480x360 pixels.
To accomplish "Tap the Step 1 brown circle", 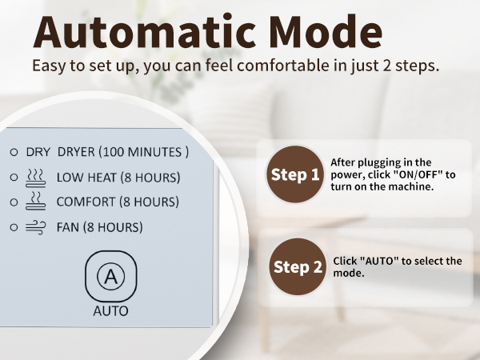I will click(x=294, y=174).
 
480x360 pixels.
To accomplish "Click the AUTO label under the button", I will click(x=110, y=310).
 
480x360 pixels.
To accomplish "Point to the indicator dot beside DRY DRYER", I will click(x=14, y=151).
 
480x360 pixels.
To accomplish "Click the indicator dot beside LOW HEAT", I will click(x=14, y=177).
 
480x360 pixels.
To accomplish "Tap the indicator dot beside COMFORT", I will click(x=14, y=202).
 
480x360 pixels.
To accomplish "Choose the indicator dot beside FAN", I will click(x=14, y=227).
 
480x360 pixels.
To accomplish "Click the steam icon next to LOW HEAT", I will click(x=36, y=176).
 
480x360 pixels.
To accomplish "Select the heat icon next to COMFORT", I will click(x=36, y=201).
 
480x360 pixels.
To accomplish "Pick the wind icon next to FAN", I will click(x=36, y=227).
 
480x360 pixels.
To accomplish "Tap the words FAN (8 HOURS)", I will click(x=99, y=227).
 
